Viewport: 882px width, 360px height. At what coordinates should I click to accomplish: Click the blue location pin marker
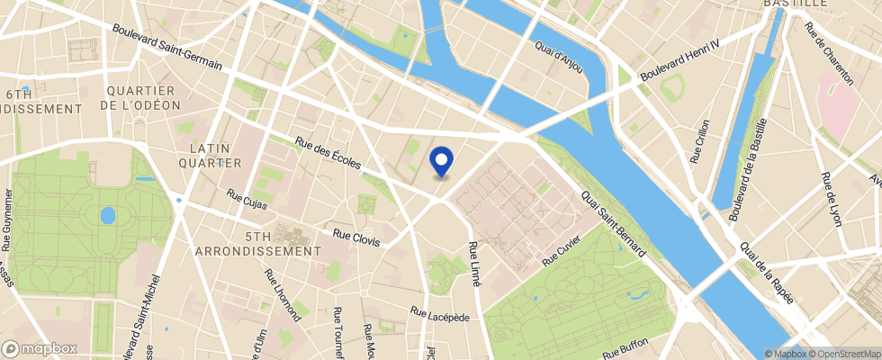click(x=441, y=161)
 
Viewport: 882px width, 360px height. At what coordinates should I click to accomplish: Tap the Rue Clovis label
click(x=356, y=238)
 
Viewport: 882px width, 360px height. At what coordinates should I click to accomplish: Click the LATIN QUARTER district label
click(x=216, y=155)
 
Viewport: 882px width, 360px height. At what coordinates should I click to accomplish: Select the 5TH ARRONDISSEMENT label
click(x=258, y=243)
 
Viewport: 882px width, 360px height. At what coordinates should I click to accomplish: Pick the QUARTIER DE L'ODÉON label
click(x=143, y=97)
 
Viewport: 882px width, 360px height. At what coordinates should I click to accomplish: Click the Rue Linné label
click(x=474, y=263)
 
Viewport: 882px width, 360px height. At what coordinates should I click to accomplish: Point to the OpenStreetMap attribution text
click(x=845, y=354)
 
